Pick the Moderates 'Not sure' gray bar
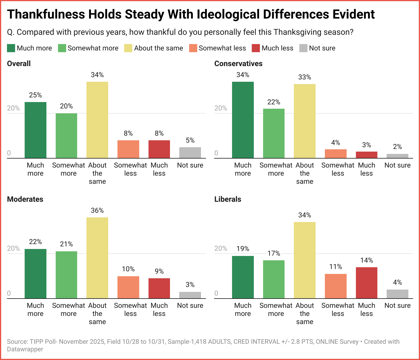[190, 295]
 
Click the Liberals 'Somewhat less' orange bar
[336, 286]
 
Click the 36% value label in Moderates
[97, 210]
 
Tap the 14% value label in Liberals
[366, 260]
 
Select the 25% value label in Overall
[35, 95]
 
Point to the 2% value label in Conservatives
[397, 147]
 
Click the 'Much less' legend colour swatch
[256, 48]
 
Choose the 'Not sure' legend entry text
[322, 48]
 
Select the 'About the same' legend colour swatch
[128, 48]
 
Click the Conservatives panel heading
[238, 63]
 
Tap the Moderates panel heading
[25, 199]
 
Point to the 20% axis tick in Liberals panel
[220, 248]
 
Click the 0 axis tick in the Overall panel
[9, 153]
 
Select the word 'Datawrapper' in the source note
[25, 349]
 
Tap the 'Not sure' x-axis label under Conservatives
[397, 165]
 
